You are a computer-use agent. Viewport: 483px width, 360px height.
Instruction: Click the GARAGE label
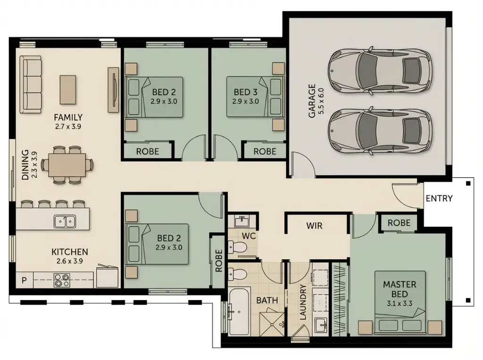(x=312, y=101)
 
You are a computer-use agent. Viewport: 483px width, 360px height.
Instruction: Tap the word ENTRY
(x=439, y=198)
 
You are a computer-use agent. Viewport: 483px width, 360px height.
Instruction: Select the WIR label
(x=314, y=226)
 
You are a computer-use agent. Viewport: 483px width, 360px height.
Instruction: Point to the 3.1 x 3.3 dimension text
(x=400, y=303)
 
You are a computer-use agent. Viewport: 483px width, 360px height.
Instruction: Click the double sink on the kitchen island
(x=65, y=221)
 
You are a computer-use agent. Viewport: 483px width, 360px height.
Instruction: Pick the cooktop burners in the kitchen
(x=62, y=280)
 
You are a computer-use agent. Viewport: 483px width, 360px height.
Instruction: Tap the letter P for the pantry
(x=24, y=280)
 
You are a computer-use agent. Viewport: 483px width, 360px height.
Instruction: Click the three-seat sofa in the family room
(x=31, y=85)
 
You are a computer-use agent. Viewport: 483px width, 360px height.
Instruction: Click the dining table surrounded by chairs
(x=67, y=165)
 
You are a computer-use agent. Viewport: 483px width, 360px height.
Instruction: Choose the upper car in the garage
(x=380, y=70)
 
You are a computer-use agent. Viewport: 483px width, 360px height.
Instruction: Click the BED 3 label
(x=245, y=92)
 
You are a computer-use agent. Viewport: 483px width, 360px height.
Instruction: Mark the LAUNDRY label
(x=302, y=302)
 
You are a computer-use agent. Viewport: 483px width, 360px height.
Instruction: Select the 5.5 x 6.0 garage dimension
(x=321, y=101)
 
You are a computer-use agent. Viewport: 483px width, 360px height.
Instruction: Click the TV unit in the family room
(x=113, y=90)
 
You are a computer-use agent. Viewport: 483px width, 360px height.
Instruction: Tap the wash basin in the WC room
(x=242, y=221)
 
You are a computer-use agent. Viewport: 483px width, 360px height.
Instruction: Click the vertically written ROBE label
(x=219, y=261)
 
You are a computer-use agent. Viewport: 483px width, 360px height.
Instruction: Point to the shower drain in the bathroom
(x=272, y=324)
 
